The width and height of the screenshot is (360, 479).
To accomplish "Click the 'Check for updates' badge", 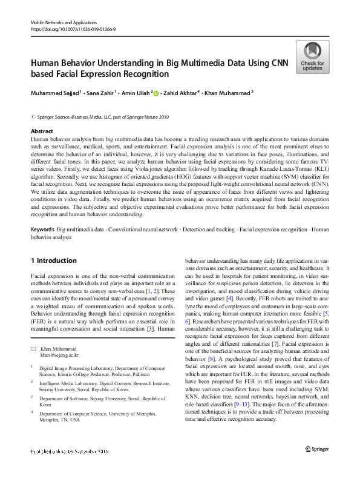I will point(312,57).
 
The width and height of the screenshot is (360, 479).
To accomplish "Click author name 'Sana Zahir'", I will point(102,93).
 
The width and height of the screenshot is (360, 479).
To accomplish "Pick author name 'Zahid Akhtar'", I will point(182,93).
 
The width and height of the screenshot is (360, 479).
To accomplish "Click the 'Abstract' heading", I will point(42,131).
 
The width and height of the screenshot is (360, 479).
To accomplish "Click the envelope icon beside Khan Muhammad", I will point(34,349).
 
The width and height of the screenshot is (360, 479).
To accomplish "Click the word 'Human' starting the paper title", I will point(46,62).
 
